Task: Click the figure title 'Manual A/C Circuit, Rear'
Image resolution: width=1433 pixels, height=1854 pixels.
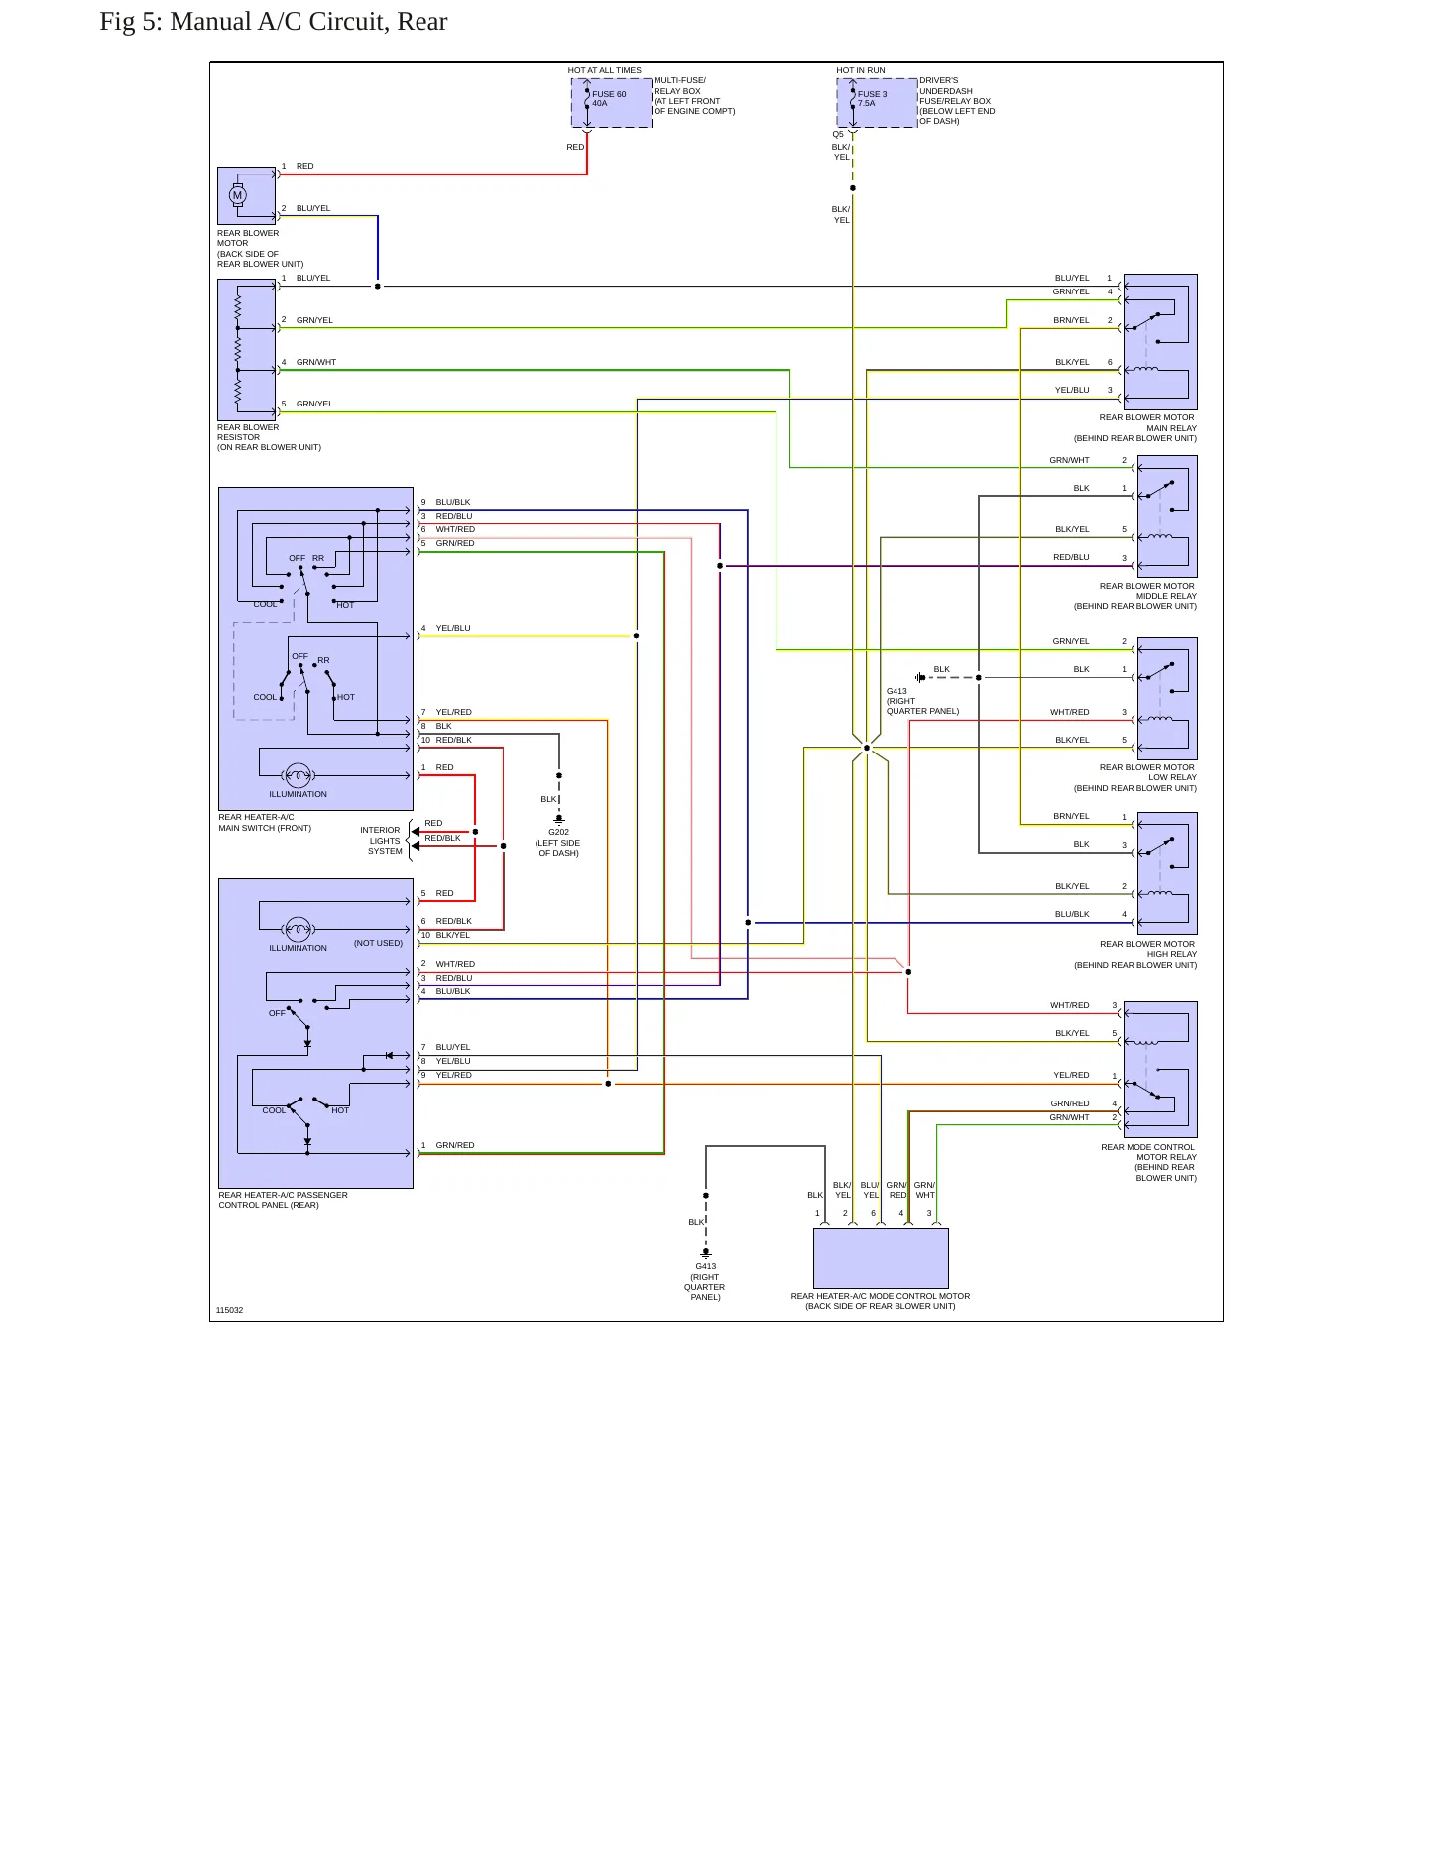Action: pyautogui.click(x=308, y=22)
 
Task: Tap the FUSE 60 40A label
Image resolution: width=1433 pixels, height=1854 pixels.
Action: pyautogui.click(x=609, y=99)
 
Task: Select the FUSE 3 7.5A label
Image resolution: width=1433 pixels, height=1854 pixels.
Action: pyautogui.click(x=872, y=99)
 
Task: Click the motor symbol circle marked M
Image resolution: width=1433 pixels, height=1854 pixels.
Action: pyautogui.click(x=237, y=195)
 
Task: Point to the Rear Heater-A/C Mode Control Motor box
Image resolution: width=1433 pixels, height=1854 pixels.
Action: pyautogui.click(x=881, y=1258)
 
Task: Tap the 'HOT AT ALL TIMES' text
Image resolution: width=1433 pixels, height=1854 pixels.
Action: pyautogui.click(x=604, y=70)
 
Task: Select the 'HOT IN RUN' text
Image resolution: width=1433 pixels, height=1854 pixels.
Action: pyautogui.click(x=860, y=70)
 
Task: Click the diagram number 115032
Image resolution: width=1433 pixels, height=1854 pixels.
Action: pyautogui.click(x=229, y=1310)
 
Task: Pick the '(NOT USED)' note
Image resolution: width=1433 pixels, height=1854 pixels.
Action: pyautogui.click(x=378, y=943)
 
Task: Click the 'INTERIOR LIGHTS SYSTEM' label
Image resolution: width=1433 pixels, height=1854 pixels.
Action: pyautogui.click(x=382, y=841)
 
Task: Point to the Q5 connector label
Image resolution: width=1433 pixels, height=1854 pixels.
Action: pyautogui.click(x=838, y=134)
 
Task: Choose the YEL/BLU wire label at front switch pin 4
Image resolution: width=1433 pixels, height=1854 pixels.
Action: pyautogui.click(x=453, y=628)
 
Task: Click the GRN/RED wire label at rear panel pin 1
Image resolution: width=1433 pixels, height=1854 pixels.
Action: pyautogui.click(x=455, y=1145)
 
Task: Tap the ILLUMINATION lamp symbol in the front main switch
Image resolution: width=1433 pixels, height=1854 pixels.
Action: pyautogui.click(x=298, y=775)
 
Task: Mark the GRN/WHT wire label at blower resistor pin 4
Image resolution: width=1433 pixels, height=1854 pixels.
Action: pyautogui.click(x=316, y=362)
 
